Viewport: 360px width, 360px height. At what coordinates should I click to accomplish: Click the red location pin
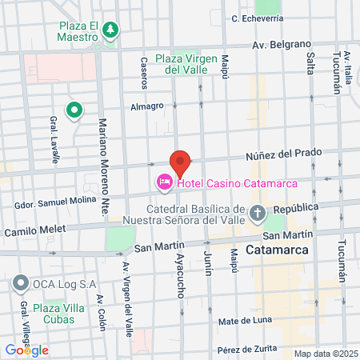coord(180,162)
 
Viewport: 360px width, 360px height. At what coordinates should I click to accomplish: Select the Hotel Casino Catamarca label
coord(237,184)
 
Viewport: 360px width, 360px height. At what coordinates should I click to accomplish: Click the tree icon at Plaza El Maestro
coord(109,30)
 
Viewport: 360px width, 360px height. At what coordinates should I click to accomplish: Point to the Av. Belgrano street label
coord(281,45)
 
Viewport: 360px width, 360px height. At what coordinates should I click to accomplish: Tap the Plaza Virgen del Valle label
coord(187,63)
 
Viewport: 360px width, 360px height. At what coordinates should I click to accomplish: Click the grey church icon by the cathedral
coord(258,213)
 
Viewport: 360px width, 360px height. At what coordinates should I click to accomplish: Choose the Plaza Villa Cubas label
coord(48,314)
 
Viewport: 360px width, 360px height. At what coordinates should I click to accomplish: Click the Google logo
coord(26,350)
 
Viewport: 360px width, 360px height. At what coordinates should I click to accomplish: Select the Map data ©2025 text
coord(325,354)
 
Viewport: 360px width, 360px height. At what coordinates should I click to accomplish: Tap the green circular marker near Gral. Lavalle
coord(74,110)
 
